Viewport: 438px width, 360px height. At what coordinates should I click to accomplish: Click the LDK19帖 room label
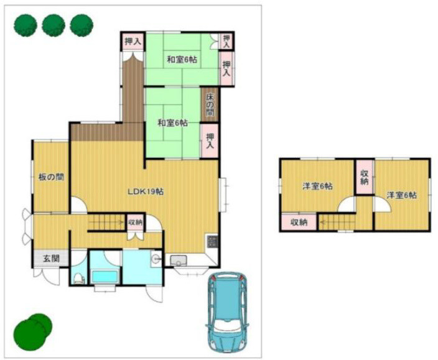[x=146, y=192]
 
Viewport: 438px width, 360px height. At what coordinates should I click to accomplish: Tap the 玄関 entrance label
[x=51, y=259]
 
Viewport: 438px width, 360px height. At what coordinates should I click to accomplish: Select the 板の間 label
[x=51, y=177]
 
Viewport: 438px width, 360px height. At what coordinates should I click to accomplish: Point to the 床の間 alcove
[x=209, y=104]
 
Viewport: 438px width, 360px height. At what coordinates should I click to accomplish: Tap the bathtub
[x=105, y=277]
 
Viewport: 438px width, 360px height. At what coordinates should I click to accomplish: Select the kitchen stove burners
[x=212, y=242]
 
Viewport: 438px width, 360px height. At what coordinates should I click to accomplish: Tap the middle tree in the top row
[x=54, y=25]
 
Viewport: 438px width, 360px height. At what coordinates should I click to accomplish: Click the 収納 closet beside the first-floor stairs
[x=135, y=223]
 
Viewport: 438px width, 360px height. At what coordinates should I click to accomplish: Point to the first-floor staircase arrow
[x=107, y=223]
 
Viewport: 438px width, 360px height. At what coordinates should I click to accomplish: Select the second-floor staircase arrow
[x=337, y=223]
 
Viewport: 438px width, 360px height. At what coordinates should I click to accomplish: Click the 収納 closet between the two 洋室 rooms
[x=364, y=177]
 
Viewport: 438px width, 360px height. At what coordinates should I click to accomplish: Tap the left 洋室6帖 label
[x=317, y=186]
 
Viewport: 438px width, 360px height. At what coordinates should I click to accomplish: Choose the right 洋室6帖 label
[x=401, y=195]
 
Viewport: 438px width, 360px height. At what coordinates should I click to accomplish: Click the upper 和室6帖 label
[x=182, y=60]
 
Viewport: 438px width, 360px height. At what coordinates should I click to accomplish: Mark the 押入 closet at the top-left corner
[x=133, y=42]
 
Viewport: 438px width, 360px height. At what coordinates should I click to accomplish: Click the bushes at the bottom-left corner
[x=33, y=332]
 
